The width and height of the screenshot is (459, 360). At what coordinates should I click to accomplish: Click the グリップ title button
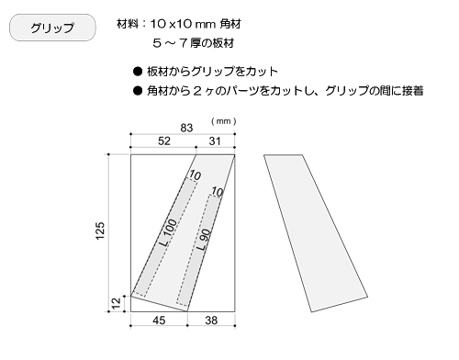point(51,28)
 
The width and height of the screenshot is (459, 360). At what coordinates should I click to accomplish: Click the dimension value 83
point(186,127)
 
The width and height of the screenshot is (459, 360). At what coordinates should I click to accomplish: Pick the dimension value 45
point(158,321)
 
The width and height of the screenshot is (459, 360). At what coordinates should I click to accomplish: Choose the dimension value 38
point(210,321)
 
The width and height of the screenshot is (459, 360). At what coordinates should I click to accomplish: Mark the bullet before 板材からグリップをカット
point(138,71)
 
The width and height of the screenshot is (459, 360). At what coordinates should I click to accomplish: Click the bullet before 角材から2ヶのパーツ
point(138,90)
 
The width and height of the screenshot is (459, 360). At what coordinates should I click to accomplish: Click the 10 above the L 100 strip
point(195,174)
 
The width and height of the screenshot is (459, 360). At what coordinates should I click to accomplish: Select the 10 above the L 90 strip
point(217,192)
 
